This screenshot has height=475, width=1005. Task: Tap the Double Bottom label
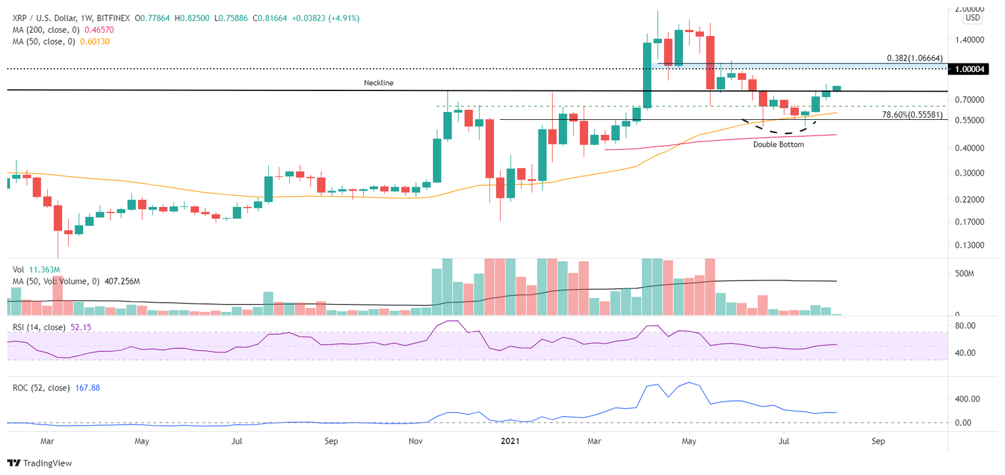coord(778,144)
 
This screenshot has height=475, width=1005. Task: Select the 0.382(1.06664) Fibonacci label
coord(916,58)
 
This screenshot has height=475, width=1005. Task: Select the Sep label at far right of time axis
coord(878,442)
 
